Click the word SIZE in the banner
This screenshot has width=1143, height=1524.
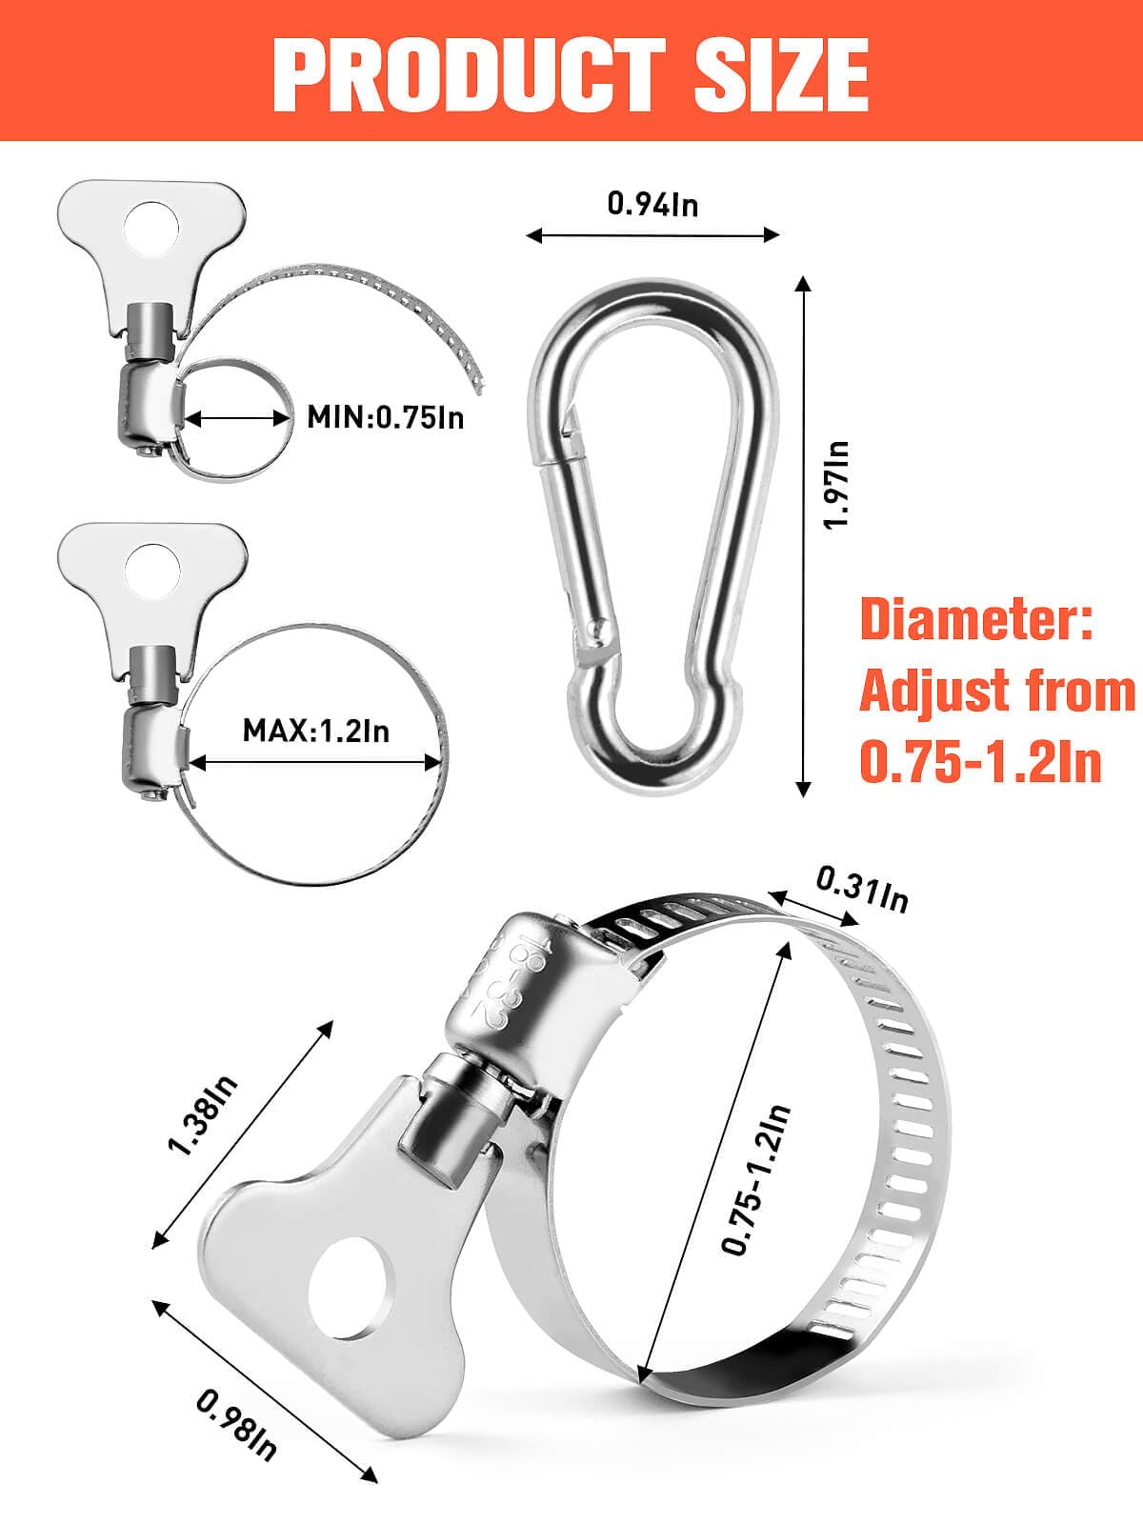point(782,74)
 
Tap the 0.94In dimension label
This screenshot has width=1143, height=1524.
point(653,204)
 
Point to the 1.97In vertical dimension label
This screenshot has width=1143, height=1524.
point(836,486)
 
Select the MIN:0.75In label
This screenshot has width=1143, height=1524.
point(386,418)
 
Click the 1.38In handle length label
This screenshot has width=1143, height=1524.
point(203,1115)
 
